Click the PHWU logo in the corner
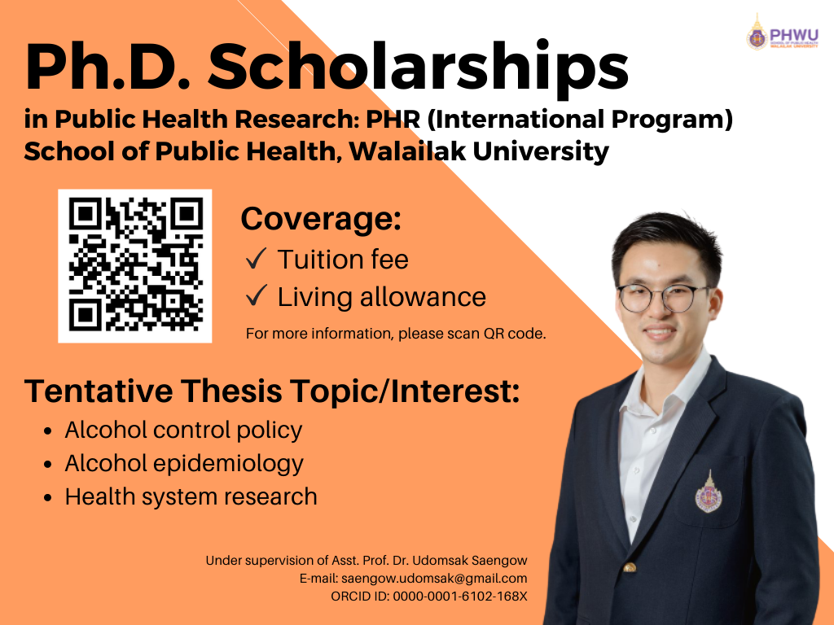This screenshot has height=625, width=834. (783, 33)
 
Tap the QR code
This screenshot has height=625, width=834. (135, 266)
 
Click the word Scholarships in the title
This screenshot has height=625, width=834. (418, 68)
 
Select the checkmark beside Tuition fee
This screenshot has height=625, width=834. (257, 259)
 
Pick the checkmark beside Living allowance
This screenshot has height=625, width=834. (257, 295)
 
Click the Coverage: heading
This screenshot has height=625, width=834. (321, 218)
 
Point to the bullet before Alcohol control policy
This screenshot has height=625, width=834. (48, 431)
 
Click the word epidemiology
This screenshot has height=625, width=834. (228, 464)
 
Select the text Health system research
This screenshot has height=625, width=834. (191, 496)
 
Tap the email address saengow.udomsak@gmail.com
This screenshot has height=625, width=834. (434, 579)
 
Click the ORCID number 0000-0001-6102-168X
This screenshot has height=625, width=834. (460, 597)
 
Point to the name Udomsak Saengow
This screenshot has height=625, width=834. (470, 560)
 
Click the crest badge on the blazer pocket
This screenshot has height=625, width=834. (709, 492)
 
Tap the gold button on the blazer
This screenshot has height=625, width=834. (630, 567)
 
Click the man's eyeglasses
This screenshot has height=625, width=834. (662, 298)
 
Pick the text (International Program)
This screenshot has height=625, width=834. (580, 119)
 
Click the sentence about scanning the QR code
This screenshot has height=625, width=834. (396, 334)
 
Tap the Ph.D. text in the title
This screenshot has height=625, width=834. (107, 68)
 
